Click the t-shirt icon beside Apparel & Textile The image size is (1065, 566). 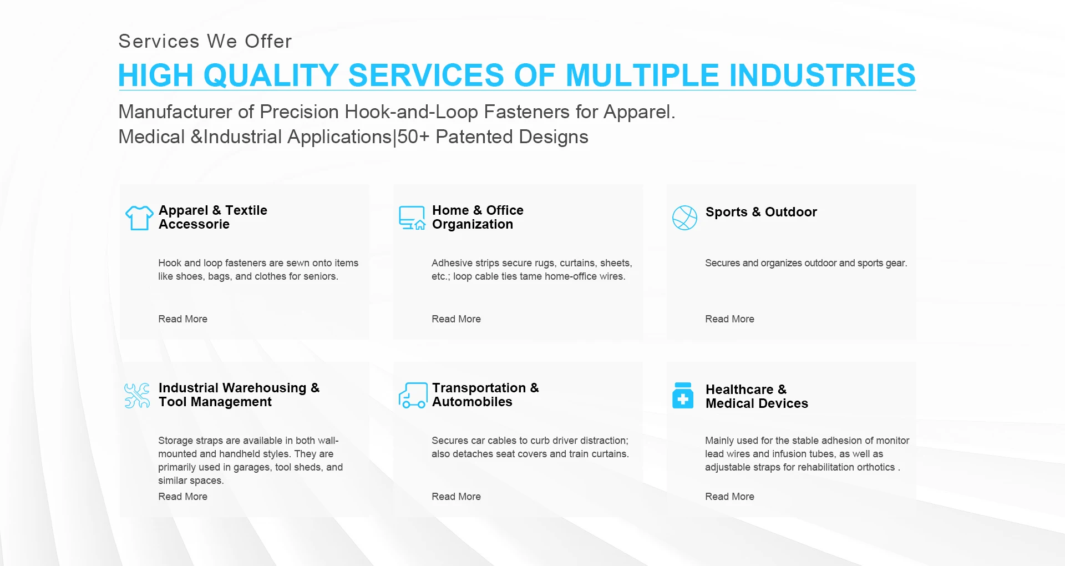pyautogui.click(x=139, y=218)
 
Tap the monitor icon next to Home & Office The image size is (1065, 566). pyautogui.click(x=412, y=218)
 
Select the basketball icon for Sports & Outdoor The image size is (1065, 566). pyautogui.click(x=684, y=218)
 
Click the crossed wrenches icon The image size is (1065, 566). pyautogui.click(x=137, y=396)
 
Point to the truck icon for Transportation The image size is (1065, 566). pyautogui.click(x=413, y=395)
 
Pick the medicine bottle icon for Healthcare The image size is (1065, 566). pyautogui.click(x=683, y=395)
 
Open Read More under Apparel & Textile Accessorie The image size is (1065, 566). pyautogui.click(x=182, y=319)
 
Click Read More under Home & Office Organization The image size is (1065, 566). pyautogui.click(x=456, y=319)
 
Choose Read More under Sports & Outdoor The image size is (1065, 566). pyautogui.click(x=729, y=319)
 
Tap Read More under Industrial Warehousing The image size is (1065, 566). pyautogui.click(x=182, y=497)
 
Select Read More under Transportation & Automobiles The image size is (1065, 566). pyautogui.click(x=456, y=497)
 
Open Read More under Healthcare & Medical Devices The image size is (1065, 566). pyautogui.click(x=729, y=497)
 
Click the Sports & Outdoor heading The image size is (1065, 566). pyautogui.click(x=761, y=212)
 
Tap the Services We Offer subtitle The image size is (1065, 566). pyautogui.click(x=205, y=41)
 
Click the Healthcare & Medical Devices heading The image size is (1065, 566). pyautogui.click(x=757, y=396)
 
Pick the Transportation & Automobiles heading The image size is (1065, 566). pyautogui.click(x=485, y=395)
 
